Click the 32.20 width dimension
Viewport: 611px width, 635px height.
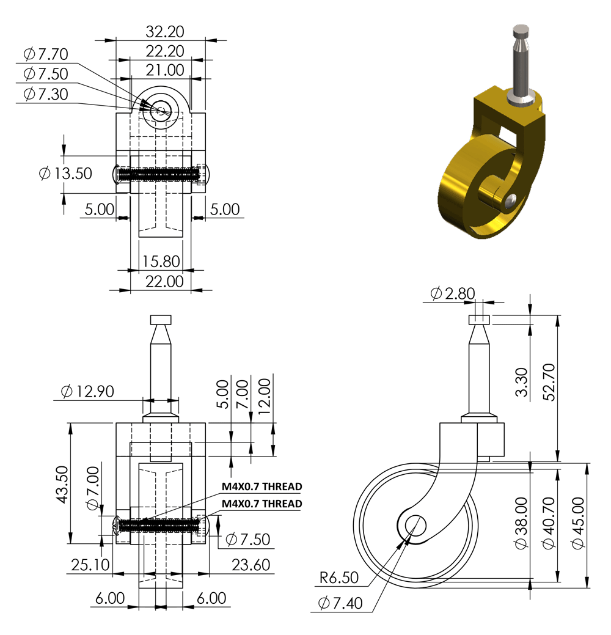click(x=165, y=32)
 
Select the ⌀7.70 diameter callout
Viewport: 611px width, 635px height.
click(x=46, y=54)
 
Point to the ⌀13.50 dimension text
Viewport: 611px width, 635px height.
click(x=65, y=174)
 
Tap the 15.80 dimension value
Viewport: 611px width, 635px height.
click(x=161, y=261)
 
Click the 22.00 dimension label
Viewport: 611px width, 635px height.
click(x=164, y=282)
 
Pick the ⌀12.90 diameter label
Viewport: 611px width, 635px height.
click(x=87, y=391)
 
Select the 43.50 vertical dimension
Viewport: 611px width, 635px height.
click(x=62, y=485)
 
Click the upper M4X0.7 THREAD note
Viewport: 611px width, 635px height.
click(x=262, y=486)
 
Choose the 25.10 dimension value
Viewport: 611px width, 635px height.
click(x=90, y=565)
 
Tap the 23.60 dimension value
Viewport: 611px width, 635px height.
click(x=251, y=565)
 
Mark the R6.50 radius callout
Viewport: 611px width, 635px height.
click(x=339, y=578)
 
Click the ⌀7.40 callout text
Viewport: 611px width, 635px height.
click(x=340, y=603)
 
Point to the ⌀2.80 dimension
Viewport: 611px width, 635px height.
click(x=453, y=293)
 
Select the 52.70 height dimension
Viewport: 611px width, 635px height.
click(x=549, y=383)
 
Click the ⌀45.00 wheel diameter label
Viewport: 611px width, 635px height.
click(x=578, y=523)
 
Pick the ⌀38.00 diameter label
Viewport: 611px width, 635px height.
click(x=522, y=523)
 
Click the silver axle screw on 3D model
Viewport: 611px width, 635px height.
click(x=511, y=201)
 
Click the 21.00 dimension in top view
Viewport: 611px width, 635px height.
click(x=165, y=70)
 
